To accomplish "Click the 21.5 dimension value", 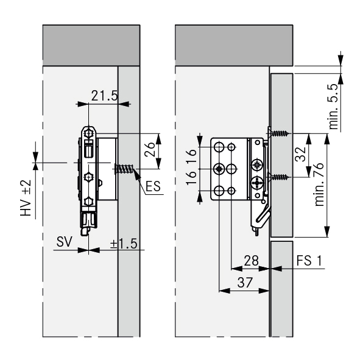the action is pos(104,96).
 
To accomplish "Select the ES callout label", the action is pos(153,186).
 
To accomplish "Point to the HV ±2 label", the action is pos(26,198).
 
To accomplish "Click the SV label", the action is pos(65,242).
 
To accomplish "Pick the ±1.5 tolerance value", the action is pos(124,244).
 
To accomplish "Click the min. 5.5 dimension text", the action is pos(334,107).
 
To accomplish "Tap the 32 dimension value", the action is pos(301,154).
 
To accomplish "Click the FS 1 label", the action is pos(309,261).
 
